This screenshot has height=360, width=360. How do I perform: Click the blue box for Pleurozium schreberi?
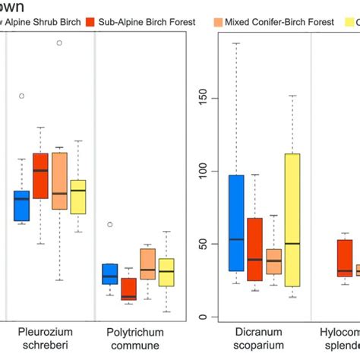[x=22, y=205]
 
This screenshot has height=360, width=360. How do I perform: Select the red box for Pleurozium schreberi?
[x=41, y=175]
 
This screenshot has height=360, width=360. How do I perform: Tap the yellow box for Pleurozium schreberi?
[x=77, y=197]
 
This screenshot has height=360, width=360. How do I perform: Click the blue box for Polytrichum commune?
[x=110, y=274]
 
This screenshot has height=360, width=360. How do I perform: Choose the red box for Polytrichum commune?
[x=128, y=289]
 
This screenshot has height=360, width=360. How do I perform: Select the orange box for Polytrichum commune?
[x=147, y=264]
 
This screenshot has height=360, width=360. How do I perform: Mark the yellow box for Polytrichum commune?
[x=166, y=272]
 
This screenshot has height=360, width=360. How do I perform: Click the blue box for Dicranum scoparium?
[x=235, y=223]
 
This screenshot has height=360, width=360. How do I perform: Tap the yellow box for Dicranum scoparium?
[x=292, y=220]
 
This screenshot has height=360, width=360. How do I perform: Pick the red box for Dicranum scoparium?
[x=254, y=250]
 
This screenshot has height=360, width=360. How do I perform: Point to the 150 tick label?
[x=200, y=99]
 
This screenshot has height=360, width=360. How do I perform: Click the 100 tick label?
[x=200, y=172]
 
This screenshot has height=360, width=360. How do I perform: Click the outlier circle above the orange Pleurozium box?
[x=59, y=43]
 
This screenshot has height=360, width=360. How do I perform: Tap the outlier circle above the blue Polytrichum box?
[x=110, y=225]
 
